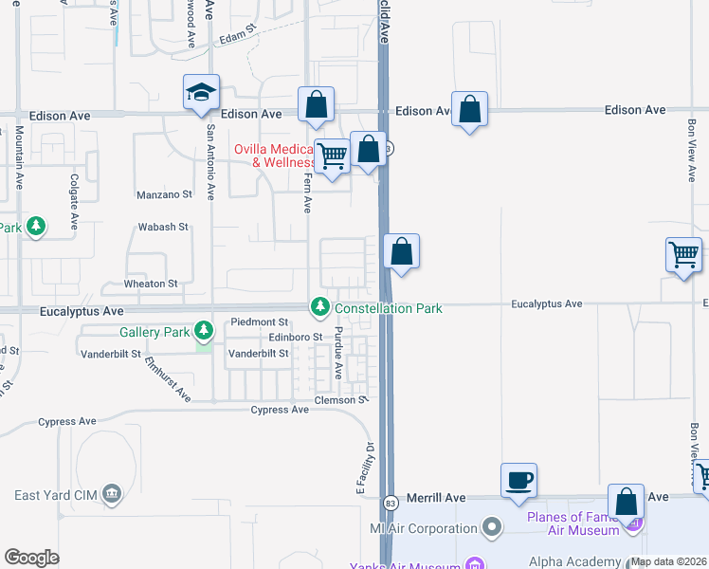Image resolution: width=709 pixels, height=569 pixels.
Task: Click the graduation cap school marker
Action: click(x=201, y=93)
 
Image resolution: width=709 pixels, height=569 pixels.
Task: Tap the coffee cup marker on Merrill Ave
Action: click(x=518, y=480)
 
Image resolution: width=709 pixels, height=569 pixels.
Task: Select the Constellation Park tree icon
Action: click(x=320, y=307)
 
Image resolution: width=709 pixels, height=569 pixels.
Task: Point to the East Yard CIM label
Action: click(x=57, y=494)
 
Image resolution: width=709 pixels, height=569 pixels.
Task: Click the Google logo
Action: click(x=31, y=558)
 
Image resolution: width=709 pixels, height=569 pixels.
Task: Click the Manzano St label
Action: click(x=166, y=193)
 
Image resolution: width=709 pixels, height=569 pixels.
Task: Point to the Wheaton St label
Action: click(x=152, y=284)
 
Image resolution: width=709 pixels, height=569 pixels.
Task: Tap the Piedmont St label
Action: click(x=259, y=323)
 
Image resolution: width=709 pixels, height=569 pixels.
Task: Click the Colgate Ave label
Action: click(x=73, y=202)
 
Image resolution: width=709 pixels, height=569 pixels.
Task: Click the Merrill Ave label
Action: click(x=436, y=498)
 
